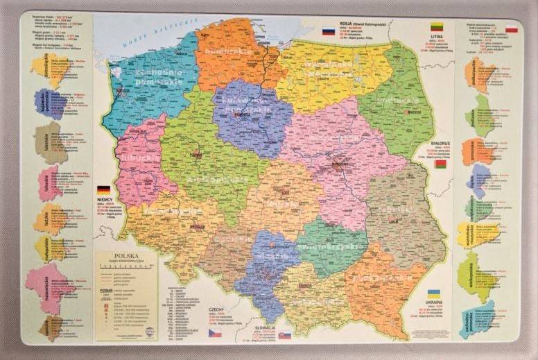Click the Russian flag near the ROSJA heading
coord(329,31)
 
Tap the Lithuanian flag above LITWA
coord(437,28)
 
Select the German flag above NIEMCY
coord(104,189)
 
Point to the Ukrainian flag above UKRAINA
coord(434,294)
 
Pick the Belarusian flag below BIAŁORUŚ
coord(440,164)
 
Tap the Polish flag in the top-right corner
coord(512,29)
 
